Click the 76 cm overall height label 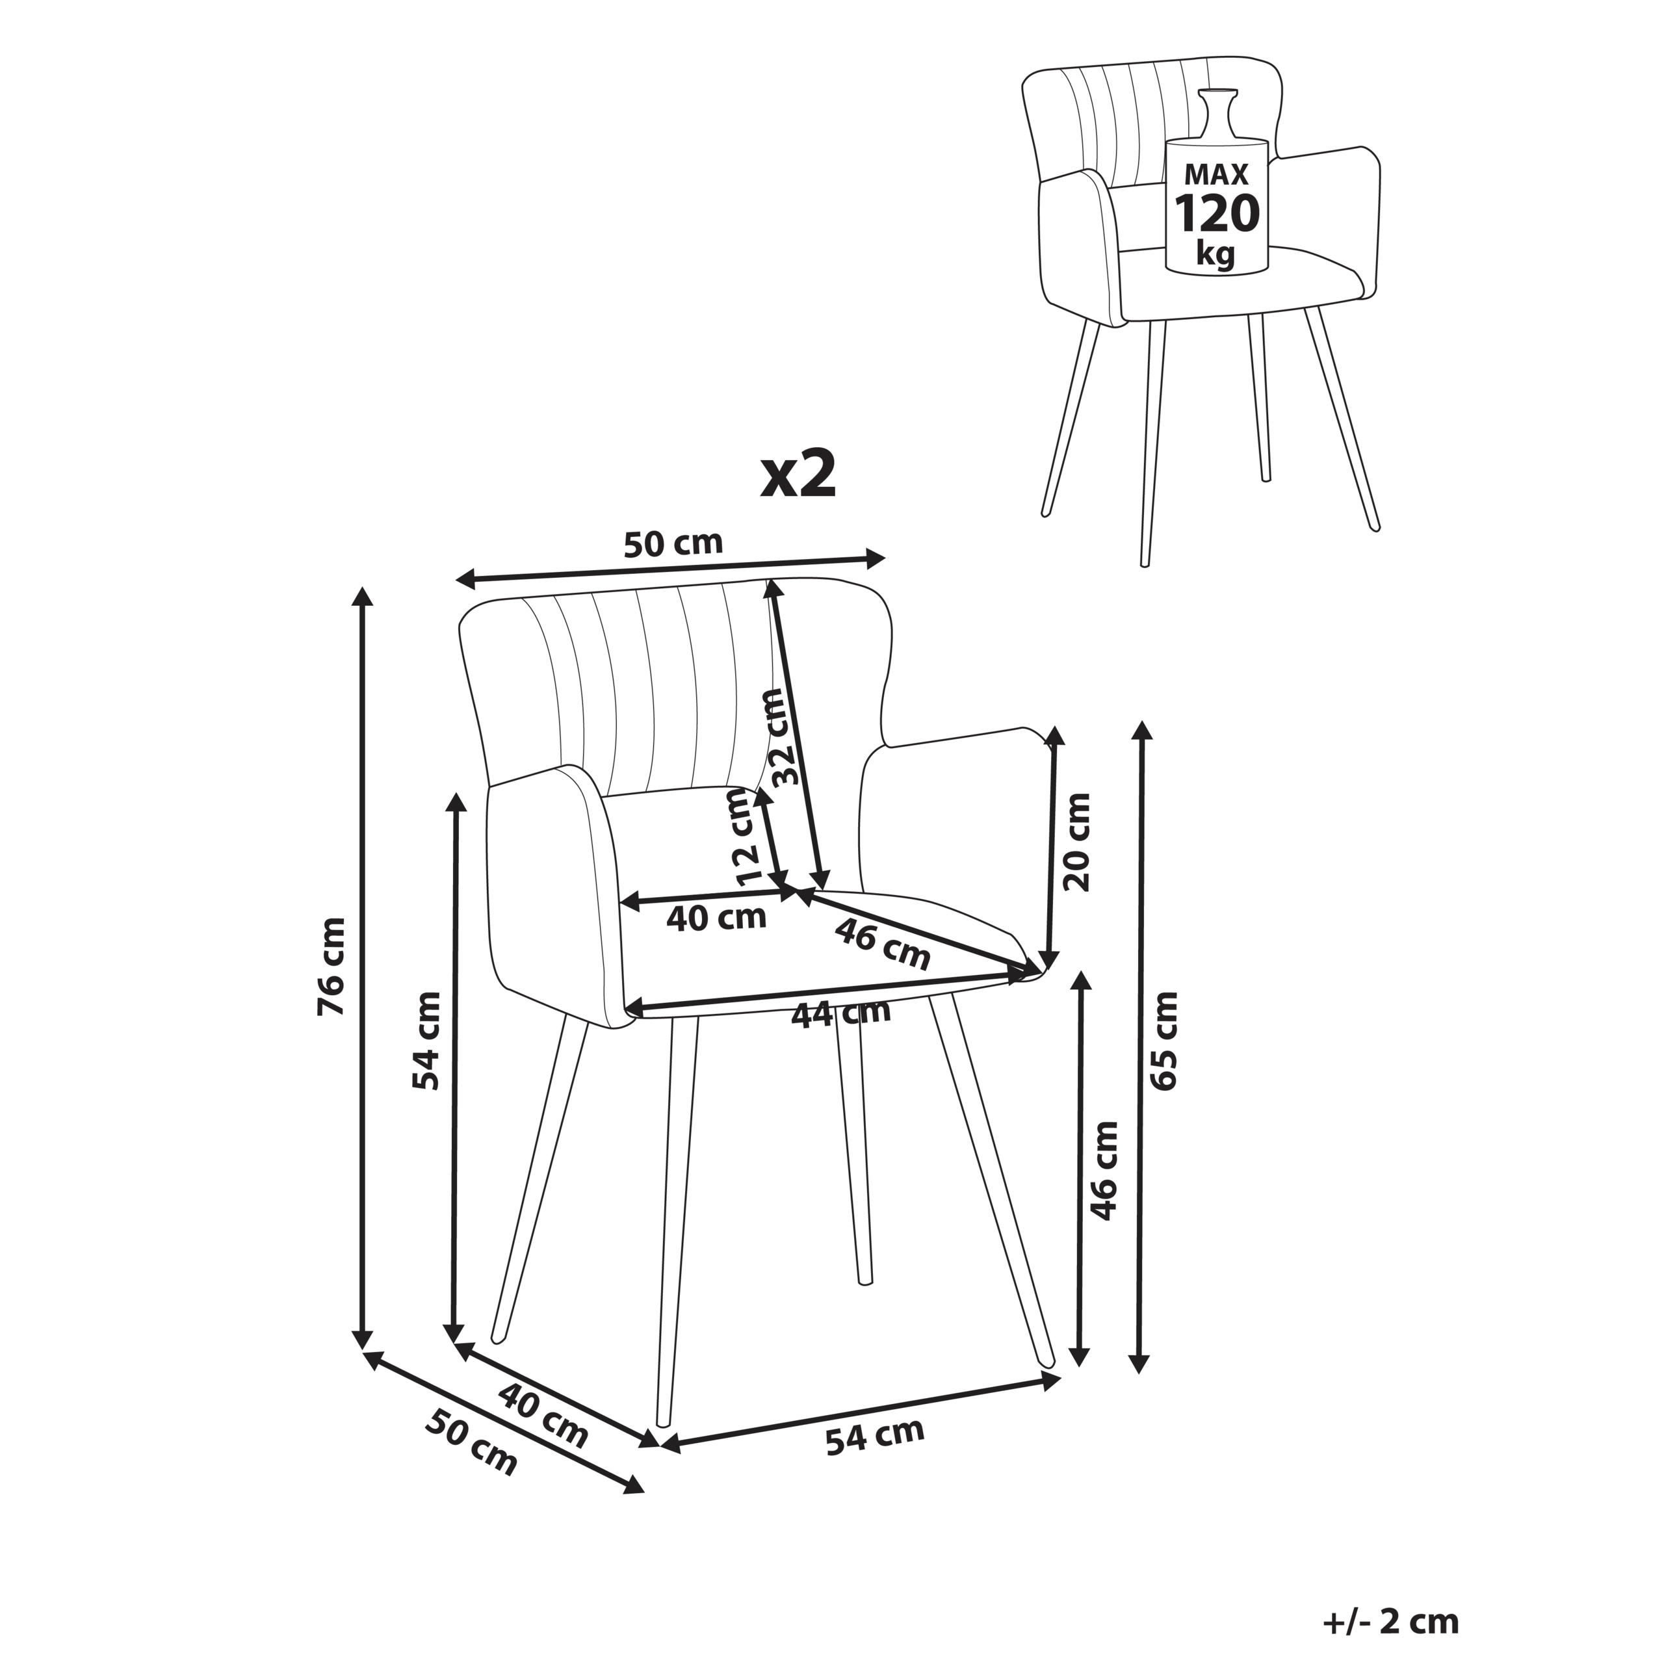(x=332, y=967)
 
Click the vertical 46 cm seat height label (x=1103, y=1171)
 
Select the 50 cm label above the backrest (x=673, y=543)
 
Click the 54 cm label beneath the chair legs (x=874, y=1436)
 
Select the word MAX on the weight (x=1217, y=174)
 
